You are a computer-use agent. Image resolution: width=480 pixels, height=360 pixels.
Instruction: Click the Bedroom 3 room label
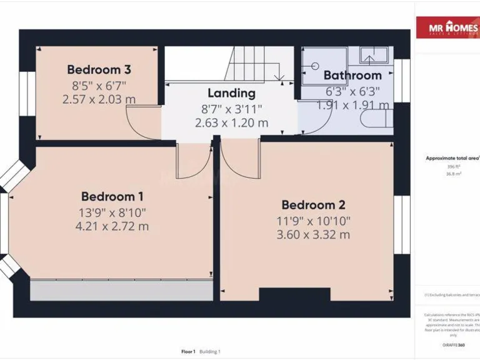click(99, 69)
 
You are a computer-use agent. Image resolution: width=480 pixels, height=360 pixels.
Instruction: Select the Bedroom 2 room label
click(313, 205)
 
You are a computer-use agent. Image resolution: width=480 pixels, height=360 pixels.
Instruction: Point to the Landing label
click(231, 94)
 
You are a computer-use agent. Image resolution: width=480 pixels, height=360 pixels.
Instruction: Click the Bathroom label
click(352, 76)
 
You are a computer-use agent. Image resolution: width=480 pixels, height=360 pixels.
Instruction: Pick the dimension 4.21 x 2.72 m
click(112, 226)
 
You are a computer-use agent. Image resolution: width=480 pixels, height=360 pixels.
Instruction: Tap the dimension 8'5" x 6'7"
click(99, 84)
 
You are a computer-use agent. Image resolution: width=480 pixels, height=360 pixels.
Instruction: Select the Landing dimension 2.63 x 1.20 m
click(231, 123)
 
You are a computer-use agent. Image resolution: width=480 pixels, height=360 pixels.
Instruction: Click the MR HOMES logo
click(447, 29)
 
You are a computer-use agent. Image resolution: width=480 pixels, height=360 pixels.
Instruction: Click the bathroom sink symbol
click(374, 56)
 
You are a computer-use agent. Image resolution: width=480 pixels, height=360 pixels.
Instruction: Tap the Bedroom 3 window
click(27, 94)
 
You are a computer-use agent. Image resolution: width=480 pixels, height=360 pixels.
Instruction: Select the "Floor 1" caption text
click(188, 352)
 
